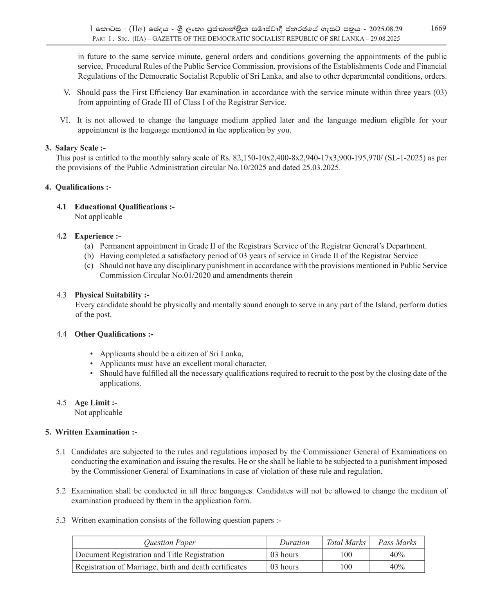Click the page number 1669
pyautogui.click(x=438, y=28)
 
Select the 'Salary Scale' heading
pyautogui.click(x=80, y=148)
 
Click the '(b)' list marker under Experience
pyautogui.click(x=89, y=256)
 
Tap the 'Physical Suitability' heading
pyautogui.click(x=112, y=295)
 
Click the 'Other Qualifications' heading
pyautogui.click(x=114, y=334)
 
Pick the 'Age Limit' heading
pyautogui.click(x=96, y=403)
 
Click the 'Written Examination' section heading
pyautogui.click(x=96, y=432)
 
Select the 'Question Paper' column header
pyautogui.click(x=169, y=543)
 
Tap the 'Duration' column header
pyautogui.click(x=294, y=543)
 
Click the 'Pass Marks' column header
pyautogui.click(x=397, y=543)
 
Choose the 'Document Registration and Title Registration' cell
pyautogui.click(x=150, y=555)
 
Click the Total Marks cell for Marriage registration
pyautogui.click(x=346, y=567)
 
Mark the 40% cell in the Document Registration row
pyautogui.click(x=397, y=555)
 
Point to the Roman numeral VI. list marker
pyautogui.click(x=65, y=121)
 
